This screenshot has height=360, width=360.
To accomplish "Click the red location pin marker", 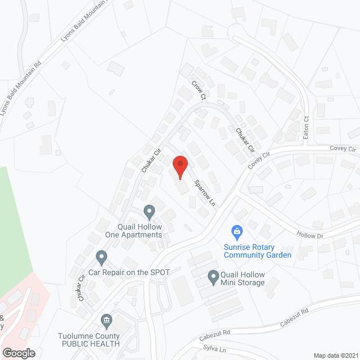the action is pos(179,166).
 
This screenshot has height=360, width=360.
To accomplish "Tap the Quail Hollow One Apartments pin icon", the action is pos(149,212).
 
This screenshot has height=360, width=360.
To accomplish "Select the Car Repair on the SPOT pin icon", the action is pos(101,258).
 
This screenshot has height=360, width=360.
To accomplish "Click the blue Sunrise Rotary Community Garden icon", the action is pos(237,231).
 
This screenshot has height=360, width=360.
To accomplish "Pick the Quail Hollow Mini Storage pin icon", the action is pos(213,276).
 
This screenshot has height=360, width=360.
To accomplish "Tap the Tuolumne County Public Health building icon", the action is pos(106,321).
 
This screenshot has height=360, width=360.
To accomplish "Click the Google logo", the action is pos(18,353).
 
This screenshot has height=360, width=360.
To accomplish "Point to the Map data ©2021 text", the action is pos(335,355).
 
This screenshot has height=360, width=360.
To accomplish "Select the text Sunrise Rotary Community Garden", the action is pos(258,251).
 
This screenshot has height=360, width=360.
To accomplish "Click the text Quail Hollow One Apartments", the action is pos(133,231).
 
